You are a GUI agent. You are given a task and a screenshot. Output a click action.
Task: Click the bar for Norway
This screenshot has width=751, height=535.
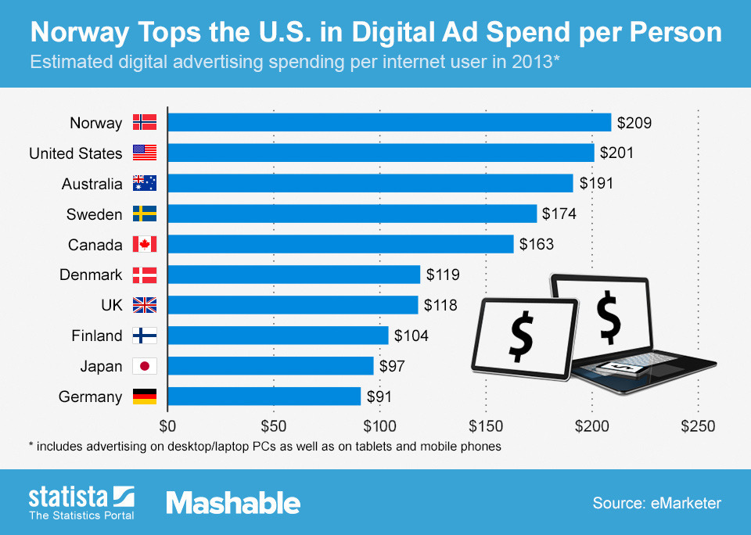click(389, 123)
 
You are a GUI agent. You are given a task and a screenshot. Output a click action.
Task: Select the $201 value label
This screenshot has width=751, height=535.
click(616, 153)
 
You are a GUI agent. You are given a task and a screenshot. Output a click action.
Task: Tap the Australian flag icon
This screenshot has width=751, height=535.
click(145, 184)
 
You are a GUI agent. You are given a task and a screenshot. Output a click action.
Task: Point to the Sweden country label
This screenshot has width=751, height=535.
click(94, 214)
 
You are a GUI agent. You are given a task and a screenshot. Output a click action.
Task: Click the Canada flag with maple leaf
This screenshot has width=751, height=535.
click(145, 245)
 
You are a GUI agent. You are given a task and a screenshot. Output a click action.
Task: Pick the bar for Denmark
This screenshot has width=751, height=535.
click(294, 275)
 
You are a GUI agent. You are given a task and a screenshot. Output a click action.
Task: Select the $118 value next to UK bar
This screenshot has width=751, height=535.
click(440, 305)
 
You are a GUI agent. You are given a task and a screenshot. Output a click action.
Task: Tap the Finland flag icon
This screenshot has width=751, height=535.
click(145, 336)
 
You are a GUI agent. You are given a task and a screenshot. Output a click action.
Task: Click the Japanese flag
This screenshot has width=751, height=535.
click(145, 366)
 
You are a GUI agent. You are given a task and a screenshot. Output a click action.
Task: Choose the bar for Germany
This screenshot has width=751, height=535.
click(264, 397)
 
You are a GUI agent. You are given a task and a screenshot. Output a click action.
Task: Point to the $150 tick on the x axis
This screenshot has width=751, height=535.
click(485, 426)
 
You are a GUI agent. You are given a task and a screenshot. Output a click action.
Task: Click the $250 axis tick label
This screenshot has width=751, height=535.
click(698, 426)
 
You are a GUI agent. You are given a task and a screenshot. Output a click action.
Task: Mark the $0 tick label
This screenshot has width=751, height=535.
click(167, 426)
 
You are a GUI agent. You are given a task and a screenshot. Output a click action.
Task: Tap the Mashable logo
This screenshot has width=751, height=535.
click(233, 502)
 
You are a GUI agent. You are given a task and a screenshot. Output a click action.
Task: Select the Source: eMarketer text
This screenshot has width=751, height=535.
click(657, 502)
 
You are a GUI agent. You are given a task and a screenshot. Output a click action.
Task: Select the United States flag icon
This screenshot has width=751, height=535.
click(145, 153)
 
